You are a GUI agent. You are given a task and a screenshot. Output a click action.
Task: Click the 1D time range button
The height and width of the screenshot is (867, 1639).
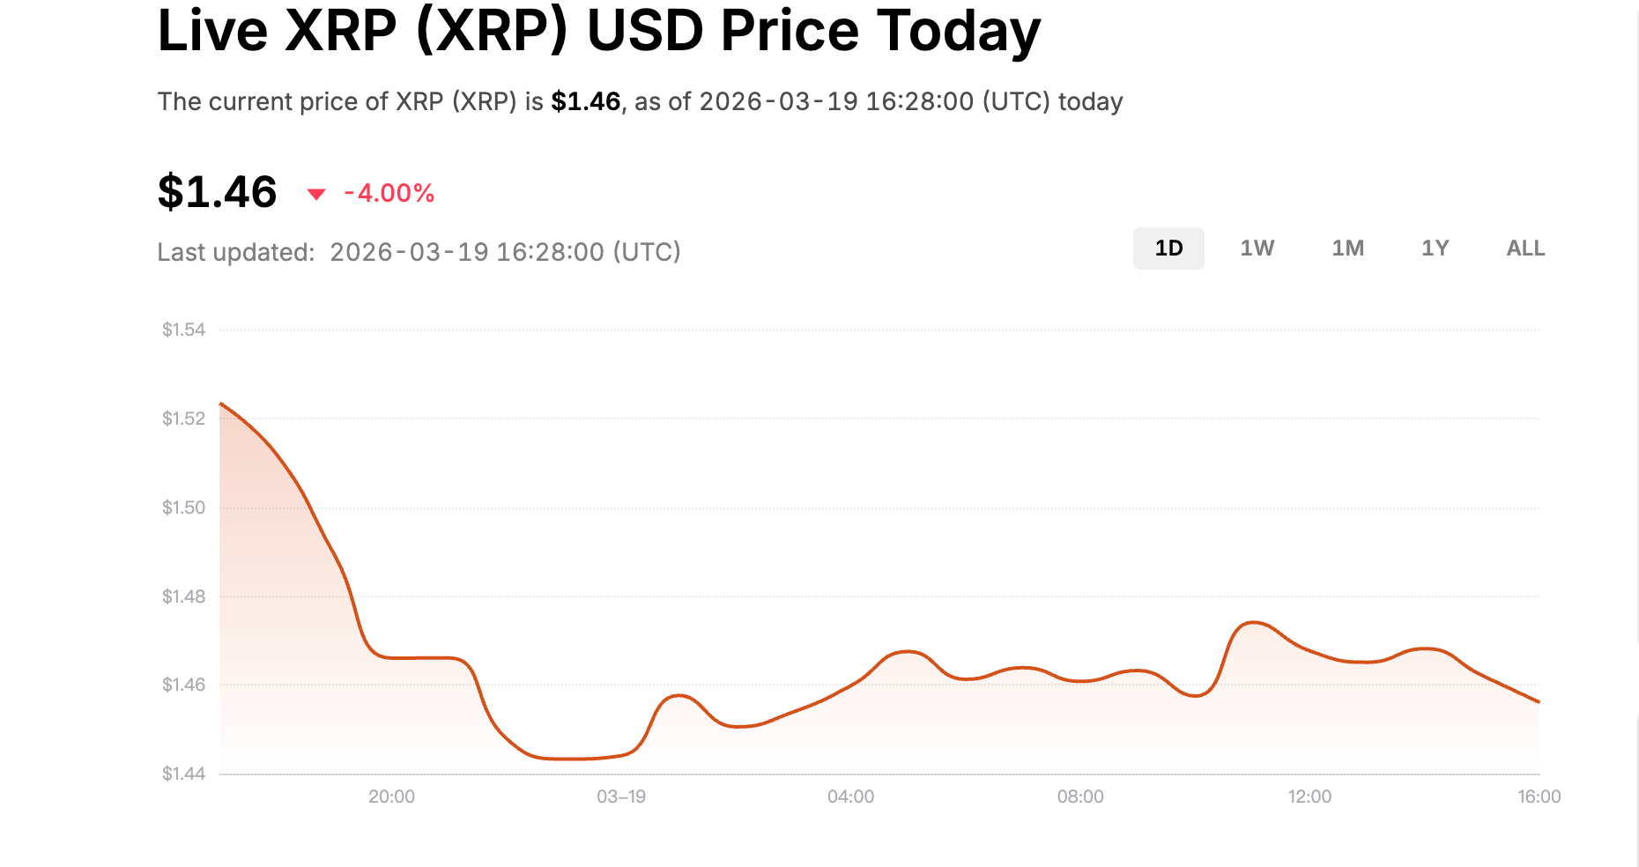tap(1168, 248)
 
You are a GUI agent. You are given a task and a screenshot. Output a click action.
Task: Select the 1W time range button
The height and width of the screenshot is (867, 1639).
tap(1257, 248)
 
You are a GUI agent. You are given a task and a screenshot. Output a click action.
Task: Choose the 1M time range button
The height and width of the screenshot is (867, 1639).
tap(1347, 248)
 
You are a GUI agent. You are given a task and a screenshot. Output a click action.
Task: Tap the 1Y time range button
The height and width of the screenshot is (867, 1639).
tap(1435, 248)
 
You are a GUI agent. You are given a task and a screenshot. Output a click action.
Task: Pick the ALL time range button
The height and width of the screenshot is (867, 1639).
tap(1525, 248)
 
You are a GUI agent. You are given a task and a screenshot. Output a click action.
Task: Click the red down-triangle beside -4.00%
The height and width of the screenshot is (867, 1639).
tap(316, 194)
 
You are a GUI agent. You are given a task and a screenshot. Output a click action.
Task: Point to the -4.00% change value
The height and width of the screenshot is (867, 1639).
tap(389, 193)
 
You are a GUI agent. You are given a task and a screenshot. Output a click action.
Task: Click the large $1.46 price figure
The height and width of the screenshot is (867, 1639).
tap(218, 192)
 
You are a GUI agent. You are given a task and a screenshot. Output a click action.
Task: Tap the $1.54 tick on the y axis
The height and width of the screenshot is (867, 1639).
tap(183, 330)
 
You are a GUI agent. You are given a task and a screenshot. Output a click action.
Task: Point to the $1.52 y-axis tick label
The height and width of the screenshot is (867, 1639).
tap(183, 419)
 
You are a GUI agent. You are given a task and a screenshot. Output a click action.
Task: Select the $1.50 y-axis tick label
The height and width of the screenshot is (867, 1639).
tap(183, 508)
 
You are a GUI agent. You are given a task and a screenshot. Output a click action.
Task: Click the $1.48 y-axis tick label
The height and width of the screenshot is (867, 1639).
tap(183, 597)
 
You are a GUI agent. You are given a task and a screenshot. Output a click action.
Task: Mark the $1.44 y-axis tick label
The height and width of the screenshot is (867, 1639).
tap(183, 774)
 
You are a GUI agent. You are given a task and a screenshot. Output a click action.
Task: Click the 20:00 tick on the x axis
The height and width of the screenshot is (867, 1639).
tap(391, 797)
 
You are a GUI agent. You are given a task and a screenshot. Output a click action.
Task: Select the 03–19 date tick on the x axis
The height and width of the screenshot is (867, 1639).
tap(621, 797)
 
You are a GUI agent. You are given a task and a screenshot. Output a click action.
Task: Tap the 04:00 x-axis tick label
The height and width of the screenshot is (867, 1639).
tap(850, 797)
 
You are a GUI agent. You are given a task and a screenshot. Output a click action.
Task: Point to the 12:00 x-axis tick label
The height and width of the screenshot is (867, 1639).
tap(1309, 797)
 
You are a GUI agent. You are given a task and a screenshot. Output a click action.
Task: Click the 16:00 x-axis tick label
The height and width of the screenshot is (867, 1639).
tap(1539, 797)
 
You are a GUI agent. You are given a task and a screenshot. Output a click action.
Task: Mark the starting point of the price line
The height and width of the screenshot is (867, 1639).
tap(220, 404)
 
